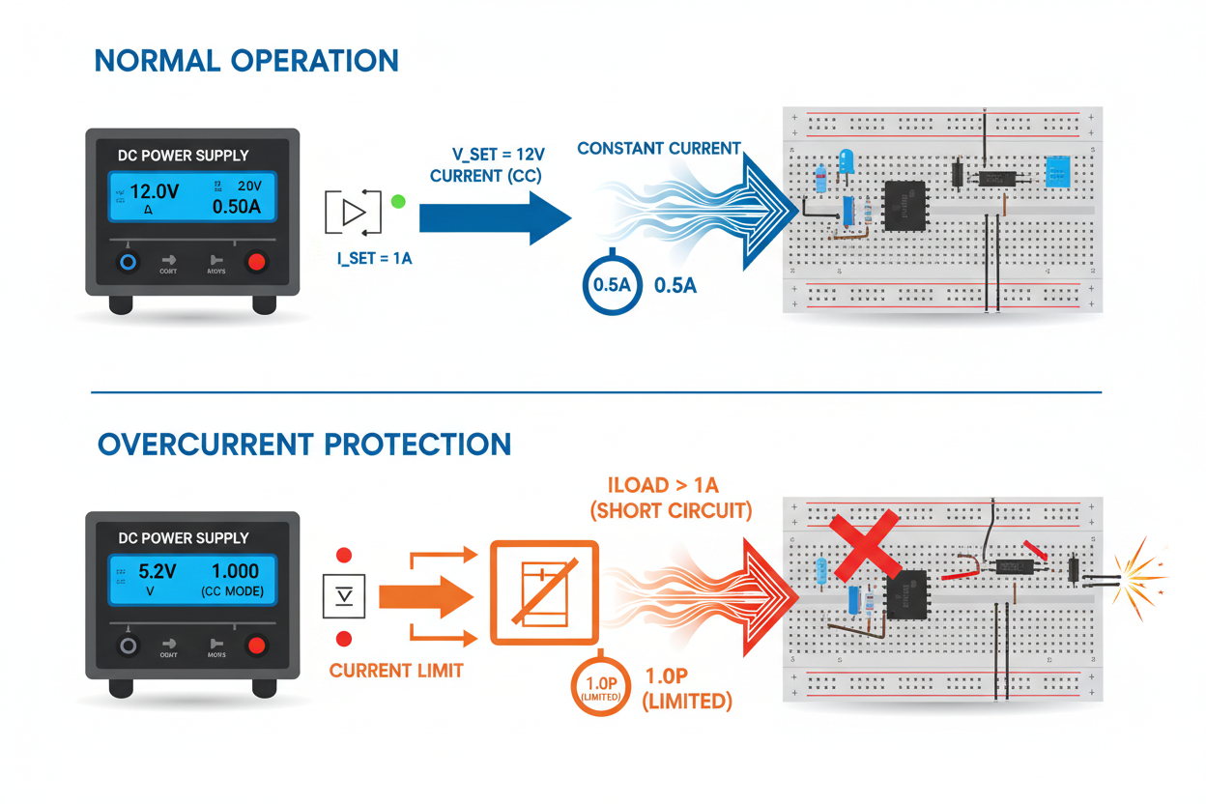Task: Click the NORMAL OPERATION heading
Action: click(x=246, y=60)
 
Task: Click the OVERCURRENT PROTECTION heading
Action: click(x=304, y=445)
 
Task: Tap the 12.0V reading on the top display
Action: click(x=155, y=191)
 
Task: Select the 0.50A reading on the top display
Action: click(x=237, y=207)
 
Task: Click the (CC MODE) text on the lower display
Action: click(x=233, y=590)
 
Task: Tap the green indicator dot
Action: click(x=397, y=202)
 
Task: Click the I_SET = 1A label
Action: click(x=374, y=259)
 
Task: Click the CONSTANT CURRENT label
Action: click(x=658, y=149)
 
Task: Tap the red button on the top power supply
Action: click(x=256, y=262)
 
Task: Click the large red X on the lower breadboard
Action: click(x=867, y=546)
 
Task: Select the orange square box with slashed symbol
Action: click(x=545, y=591)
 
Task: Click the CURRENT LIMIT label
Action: click(x=396, y=671)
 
